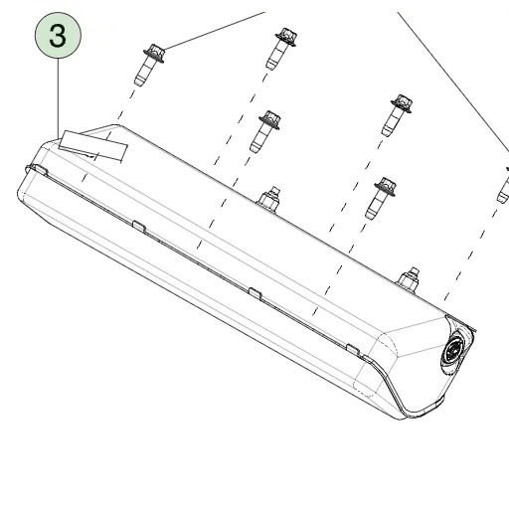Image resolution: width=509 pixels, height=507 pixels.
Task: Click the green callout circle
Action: pyautogui.click(x=58, y=36)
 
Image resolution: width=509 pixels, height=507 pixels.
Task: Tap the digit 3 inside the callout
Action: pyautogui.click(x=58, y=36)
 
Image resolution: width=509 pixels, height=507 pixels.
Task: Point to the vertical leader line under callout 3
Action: pyautogui.click(x=59, y=98)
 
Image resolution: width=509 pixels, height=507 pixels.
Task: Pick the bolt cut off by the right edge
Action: pyautogui.click(x=504, y=185)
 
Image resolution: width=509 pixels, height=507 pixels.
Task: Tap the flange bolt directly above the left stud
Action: pyautogui.click(x=265, y=131)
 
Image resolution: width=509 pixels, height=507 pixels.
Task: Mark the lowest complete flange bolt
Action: pyautogui.click(x=381, y=198)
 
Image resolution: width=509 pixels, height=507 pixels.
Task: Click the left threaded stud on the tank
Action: pyautogui.click(x=268, y=199)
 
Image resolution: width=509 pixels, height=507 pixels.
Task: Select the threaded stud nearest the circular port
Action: pyautogui.click(x=408, y=280)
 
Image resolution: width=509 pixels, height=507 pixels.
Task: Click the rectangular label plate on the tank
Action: pyautogui.click(x=93, y=145)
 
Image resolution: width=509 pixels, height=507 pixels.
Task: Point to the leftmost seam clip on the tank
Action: pyautogui.click(x=37, y=170)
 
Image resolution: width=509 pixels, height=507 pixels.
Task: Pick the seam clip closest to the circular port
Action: pyautogui.click(x=353, y=350)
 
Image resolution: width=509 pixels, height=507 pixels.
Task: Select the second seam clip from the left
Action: pyautogui.click(x=139, y=226)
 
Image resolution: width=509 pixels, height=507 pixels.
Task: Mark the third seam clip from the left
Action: pyautogui.click(x=255, y=293)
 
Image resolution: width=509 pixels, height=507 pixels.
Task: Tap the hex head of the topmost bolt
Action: pyautogui.click(x=287, y=36)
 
